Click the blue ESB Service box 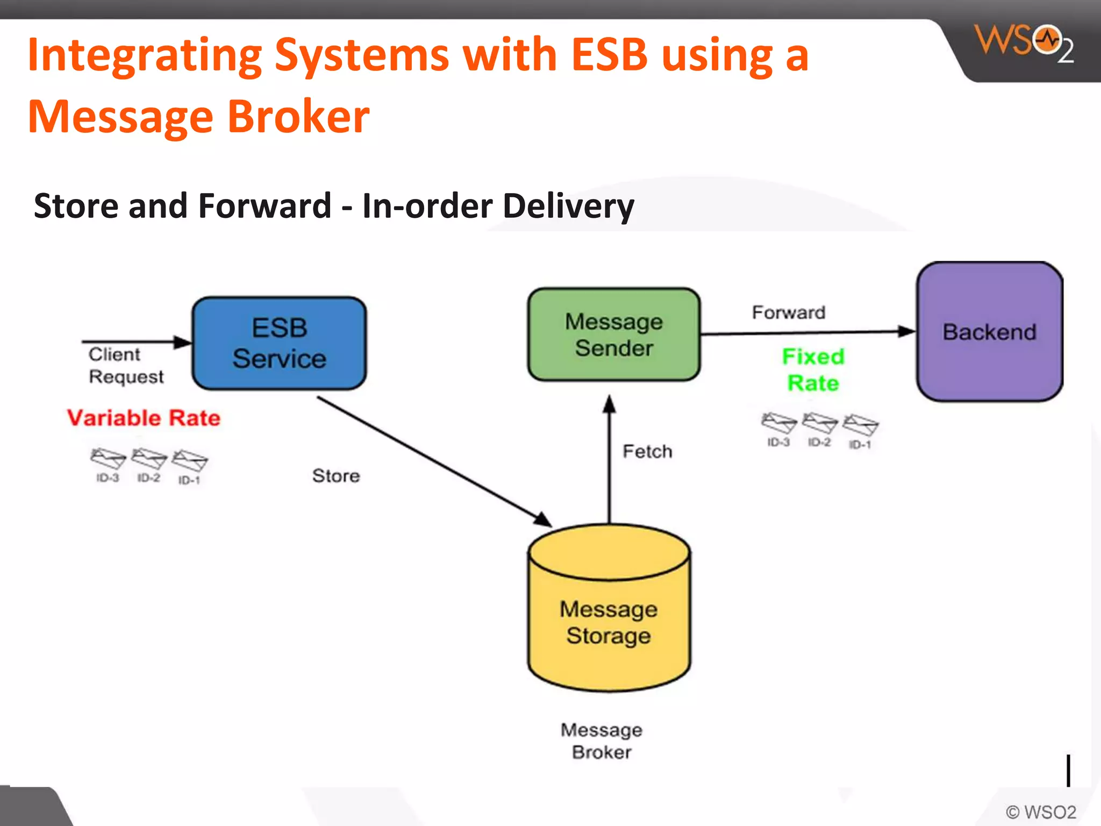point(279,343)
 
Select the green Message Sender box point(613,334)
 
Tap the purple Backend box point(989,332)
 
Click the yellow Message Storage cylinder point(609,618)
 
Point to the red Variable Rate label point(144,418)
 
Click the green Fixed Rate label point(813,369)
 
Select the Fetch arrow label point(647,451)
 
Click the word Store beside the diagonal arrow point(336,475)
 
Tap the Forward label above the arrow point(788,312)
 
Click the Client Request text point(125,366)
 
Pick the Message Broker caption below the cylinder point(602,740)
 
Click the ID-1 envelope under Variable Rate point(189,461)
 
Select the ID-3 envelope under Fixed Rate point(778,423)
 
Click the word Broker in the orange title point(298,117)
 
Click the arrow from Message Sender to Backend point(806,333)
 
